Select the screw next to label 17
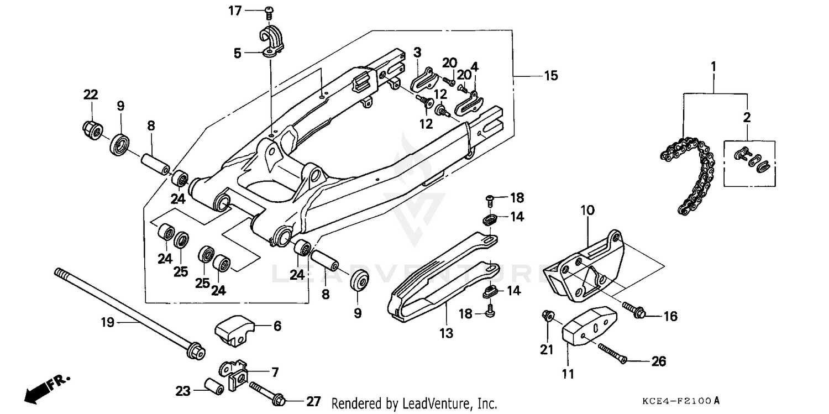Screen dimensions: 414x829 click(270, 11)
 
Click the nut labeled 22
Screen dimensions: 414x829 click(91, 130)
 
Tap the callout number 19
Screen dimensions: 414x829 click(107, 322)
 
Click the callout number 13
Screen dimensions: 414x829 click(446, 333)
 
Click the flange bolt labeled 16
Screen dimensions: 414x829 click(636, 311)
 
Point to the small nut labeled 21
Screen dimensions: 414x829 click(547, 316)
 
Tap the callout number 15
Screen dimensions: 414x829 click(551, 76)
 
